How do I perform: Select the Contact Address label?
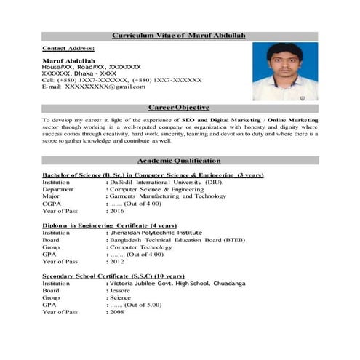(68, 47)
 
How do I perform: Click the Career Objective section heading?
(179, 108)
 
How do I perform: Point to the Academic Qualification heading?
(179, 160)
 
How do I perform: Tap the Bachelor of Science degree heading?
(153, 175)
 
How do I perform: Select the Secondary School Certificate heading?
(113, 276)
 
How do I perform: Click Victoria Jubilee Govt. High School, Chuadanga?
(178, 284)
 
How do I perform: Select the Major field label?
(51, 196)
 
